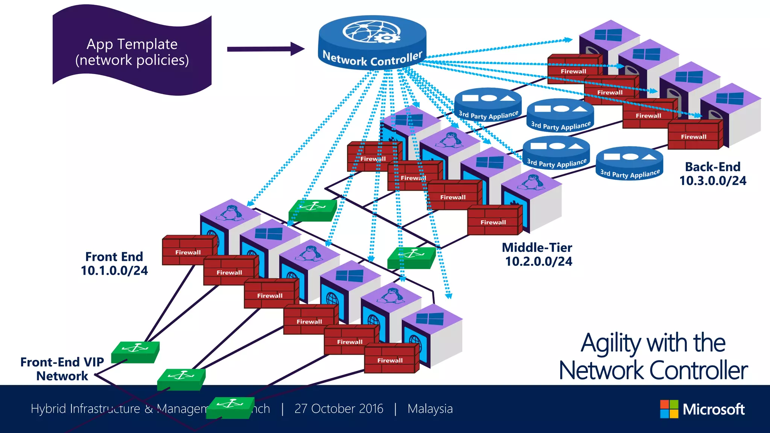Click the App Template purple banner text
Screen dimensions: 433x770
(132, 52)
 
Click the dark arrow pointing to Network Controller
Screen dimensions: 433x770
(265, 49)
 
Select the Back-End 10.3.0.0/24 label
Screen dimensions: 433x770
(712, 174)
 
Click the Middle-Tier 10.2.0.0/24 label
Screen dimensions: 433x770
(538, 254)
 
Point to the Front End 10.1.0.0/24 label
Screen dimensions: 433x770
(114, 263)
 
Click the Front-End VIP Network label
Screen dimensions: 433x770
(62, 369)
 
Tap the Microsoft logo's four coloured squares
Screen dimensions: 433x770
(669, 409)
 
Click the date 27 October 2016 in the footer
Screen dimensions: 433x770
(339, 409)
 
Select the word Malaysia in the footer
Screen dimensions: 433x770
(430, 409)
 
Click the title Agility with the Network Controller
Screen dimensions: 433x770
(653, 356)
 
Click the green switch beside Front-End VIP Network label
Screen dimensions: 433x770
(135, 352)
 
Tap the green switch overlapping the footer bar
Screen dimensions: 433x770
(230, 407)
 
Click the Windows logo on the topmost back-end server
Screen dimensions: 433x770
(608, 35)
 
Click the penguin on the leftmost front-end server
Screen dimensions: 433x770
(230, 213)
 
